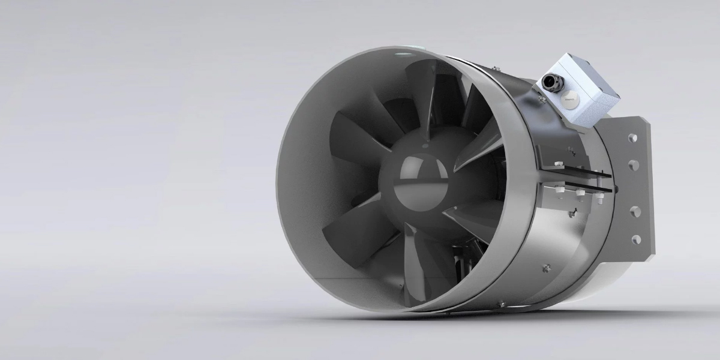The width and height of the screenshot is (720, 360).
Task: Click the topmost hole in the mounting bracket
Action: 632,139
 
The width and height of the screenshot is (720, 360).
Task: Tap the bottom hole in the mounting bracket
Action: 635,238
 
